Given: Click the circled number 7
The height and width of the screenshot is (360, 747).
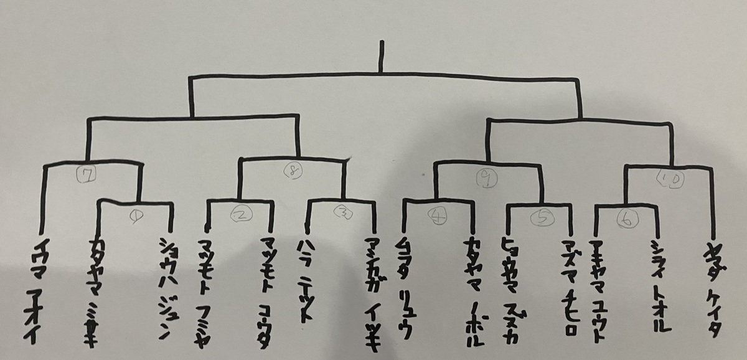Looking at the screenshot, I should pos(90,176).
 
